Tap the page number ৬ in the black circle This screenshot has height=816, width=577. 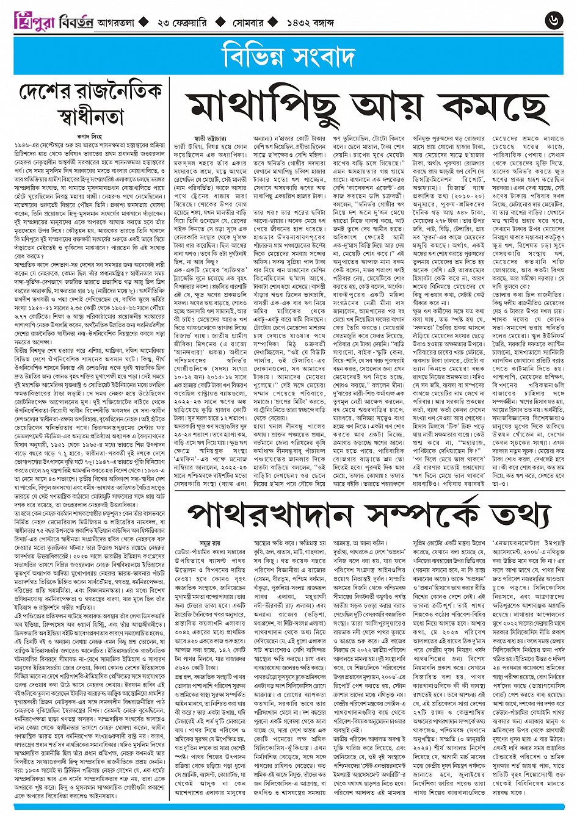pyautogui.click(x=554, y=21)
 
